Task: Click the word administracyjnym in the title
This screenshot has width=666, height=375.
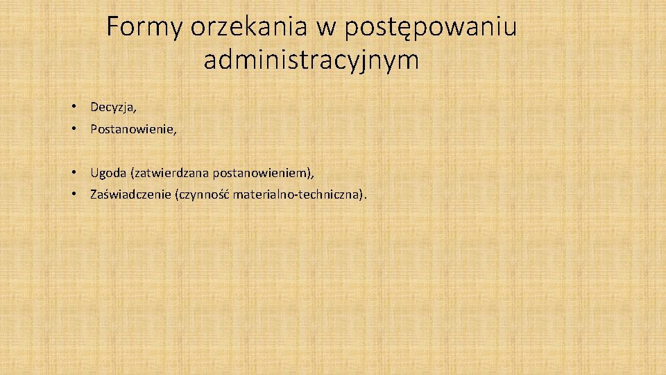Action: point(311,61)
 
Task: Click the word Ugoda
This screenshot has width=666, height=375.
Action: point(103,171)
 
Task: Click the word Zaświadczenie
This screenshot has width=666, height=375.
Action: point(131,194)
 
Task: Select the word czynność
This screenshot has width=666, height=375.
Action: point(205,194)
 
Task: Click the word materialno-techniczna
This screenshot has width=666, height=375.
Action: point(296,194)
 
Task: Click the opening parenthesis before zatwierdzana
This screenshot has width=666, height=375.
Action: point(123,171)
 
